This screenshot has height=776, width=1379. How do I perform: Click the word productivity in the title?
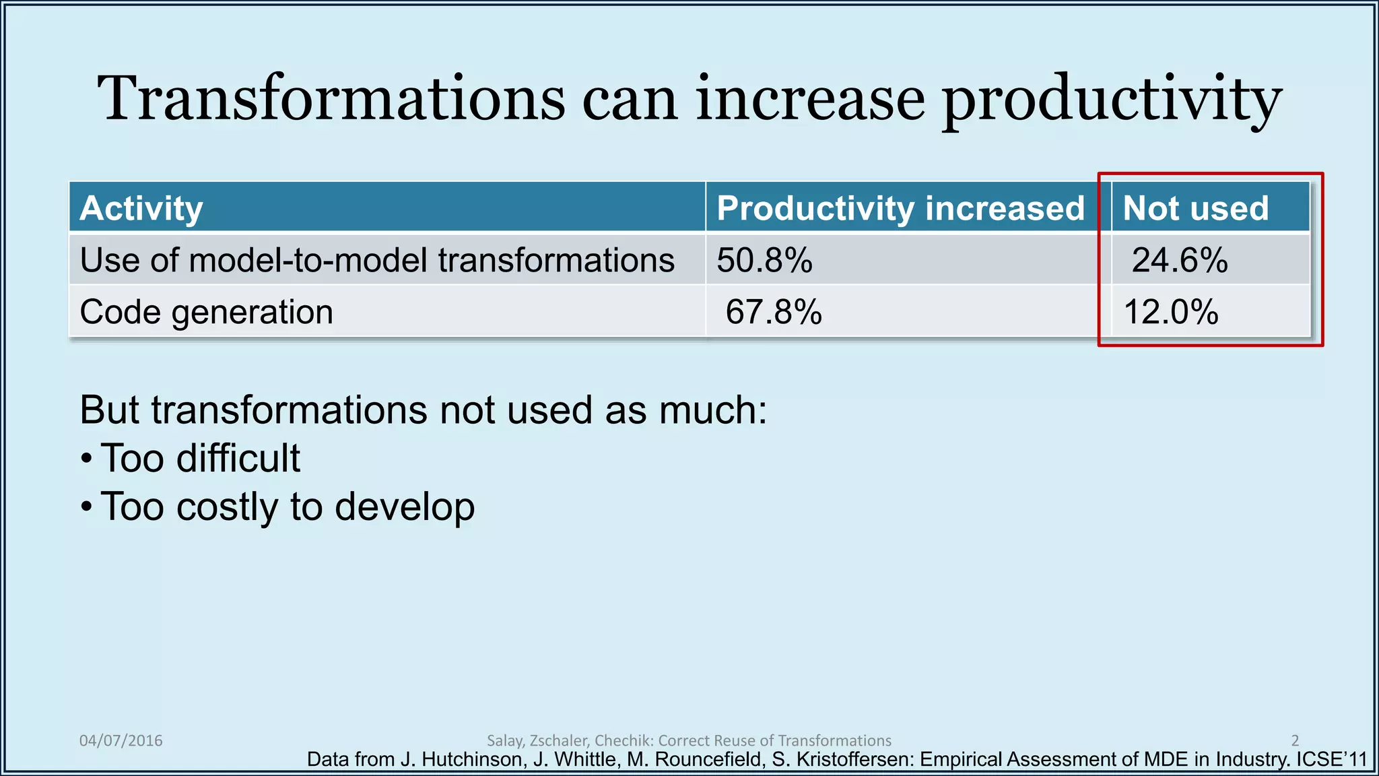point(1111,101)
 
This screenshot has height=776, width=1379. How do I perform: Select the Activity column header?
point(141,208)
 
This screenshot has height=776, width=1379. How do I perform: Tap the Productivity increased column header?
point(900,208)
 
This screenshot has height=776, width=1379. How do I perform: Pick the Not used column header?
point(1196,208)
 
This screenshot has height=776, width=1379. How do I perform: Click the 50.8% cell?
point(764,260)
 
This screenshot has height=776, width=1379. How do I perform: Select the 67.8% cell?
point(774,312)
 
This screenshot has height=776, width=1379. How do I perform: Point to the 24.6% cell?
point(1180,260)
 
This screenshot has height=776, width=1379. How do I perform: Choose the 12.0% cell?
point(1171,312)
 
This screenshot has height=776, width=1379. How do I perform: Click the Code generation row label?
point(206,312)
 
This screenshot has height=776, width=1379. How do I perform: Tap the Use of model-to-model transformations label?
point(377,260)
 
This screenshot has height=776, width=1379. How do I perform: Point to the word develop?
point(404,508)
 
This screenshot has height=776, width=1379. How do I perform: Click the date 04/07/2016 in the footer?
point(121,740)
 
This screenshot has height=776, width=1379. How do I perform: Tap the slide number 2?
point(1295,740)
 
